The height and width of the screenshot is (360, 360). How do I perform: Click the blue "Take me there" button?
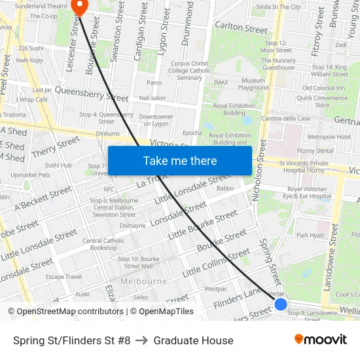(180, 160)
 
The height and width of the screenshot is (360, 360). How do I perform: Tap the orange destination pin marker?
(81, 7)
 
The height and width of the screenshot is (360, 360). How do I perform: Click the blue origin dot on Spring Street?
(281, 304)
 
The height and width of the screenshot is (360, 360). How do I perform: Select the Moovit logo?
(321, 340)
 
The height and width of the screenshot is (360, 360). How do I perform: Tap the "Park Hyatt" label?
(310, 235)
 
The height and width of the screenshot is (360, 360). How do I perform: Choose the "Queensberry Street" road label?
(92, 93)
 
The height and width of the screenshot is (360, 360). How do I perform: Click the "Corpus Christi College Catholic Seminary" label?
(189, 71)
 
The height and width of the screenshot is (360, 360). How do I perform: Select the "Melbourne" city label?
(143, 281)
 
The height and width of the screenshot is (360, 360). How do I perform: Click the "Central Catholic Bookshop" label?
(103, 244)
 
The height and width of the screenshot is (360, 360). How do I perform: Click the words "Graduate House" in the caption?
(193, 340)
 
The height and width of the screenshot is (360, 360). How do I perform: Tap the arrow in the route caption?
(142, 340)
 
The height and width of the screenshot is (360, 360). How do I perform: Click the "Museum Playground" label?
(253, 84)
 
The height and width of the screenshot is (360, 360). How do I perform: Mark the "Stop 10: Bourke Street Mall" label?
(139, 262)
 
